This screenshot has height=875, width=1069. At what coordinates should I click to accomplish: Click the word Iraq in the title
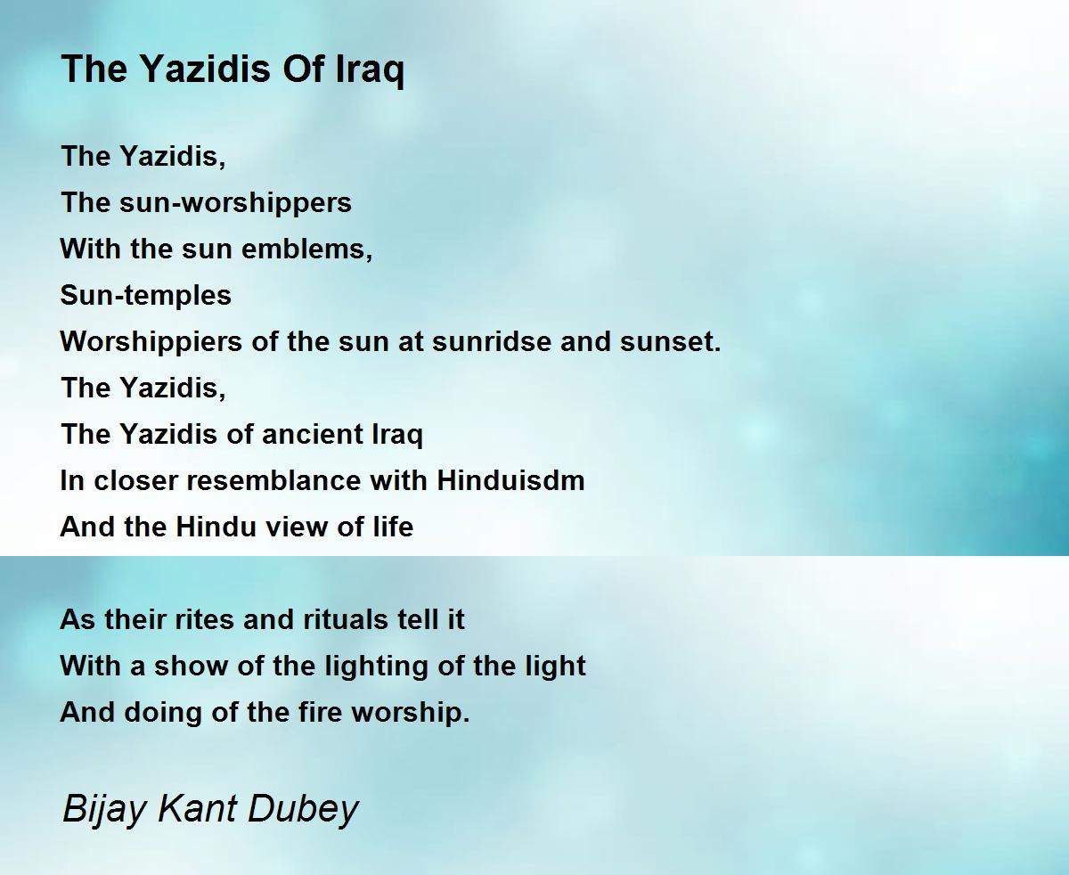coord(371,70)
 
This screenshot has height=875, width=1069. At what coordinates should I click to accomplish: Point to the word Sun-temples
coord(146,296)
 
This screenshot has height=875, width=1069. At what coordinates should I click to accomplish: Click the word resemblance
coord(274,481)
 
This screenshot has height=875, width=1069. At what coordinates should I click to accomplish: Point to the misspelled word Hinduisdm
coord(511,481)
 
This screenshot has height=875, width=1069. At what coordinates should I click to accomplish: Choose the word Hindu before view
coord(216,527)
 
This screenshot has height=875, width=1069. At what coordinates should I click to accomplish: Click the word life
coord(393,527)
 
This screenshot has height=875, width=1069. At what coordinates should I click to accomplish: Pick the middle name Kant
coord(197,808)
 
